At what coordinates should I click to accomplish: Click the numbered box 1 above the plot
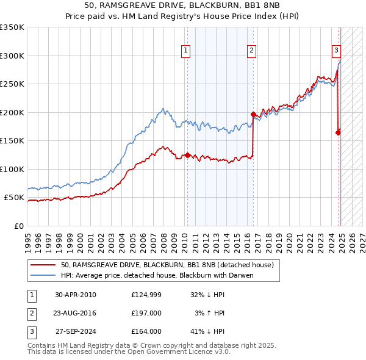click(x=184, y=51)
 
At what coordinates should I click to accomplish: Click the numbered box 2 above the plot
click(x=251, y=51)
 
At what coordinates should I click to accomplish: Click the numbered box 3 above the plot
click(x=336, y=51)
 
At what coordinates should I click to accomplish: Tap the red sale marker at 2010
click(x=187, y=155)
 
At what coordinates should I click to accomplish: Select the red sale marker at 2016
click(x=253, y=114)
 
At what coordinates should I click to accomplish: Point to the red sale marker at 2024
click(x=338, y=132)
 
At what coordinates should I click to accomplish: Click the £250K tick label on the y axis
click(x=12, y=84)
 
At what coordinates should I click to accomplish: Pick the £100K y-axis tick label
click(x=12, y=169)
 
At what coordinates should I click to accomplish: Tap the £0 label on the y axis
click(x=18, y=226)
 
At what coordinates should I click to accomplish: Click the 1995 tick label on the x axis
click(x=28, y=238)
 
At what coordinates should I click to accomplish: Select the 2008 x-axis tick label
click(x=164, y=238)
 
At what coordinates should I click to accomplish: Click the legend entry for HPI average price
click(x=157, y=275)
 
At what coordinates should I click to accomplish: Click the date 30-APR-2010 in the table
click(x=76, y=295)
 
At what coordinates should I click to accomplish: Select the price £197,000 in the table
click(x=146, y=313)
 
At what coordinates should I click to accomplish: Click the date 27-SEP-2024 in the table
click(x=76, y=331)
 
